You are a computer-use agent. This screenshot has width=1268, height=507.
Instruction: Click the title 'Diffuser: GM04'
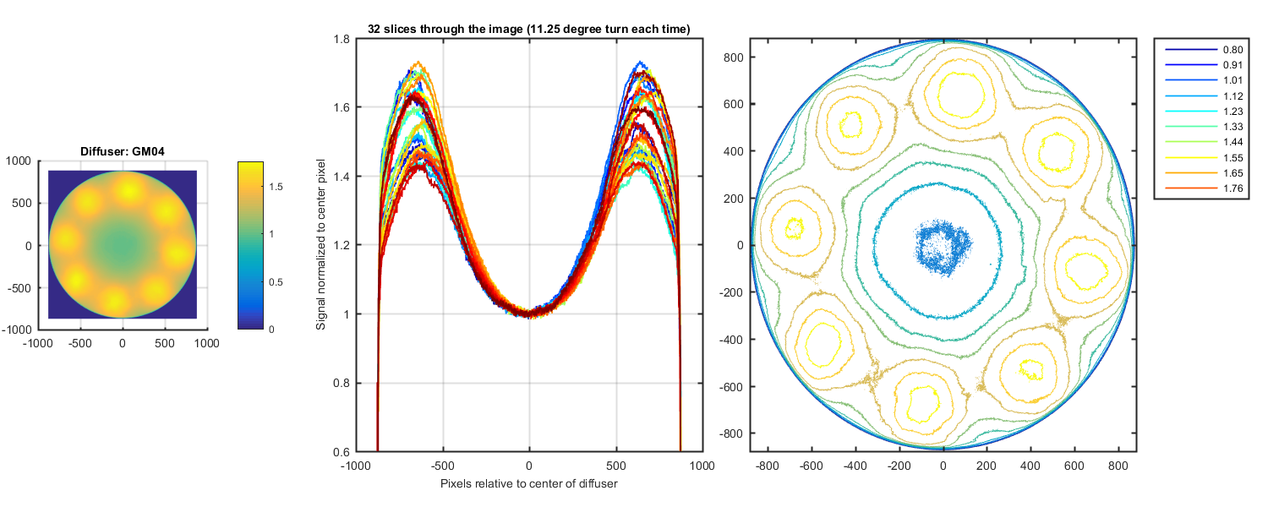(x=123, y=152)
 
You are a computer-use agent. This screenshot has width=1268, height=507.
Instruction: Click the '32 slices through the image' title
(x=529, y=30)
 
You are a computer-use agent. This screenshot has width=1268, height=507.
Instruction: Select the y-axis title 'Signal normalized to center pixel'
(x=320, y=245)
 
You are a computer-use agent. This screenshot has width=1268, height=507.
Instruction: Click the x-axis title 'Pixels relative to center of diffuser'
(x=528, y=484)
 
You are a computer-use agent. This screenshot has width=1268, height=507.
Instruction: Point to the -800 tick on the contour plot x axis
(x=767, y=465)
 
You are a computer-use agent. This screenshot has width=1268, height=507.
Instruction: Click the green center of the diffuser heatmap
(x=123, y=246)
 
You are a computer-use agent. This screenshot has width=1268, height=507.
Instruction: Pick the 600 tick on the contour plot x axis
(x=1074, y=465)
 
